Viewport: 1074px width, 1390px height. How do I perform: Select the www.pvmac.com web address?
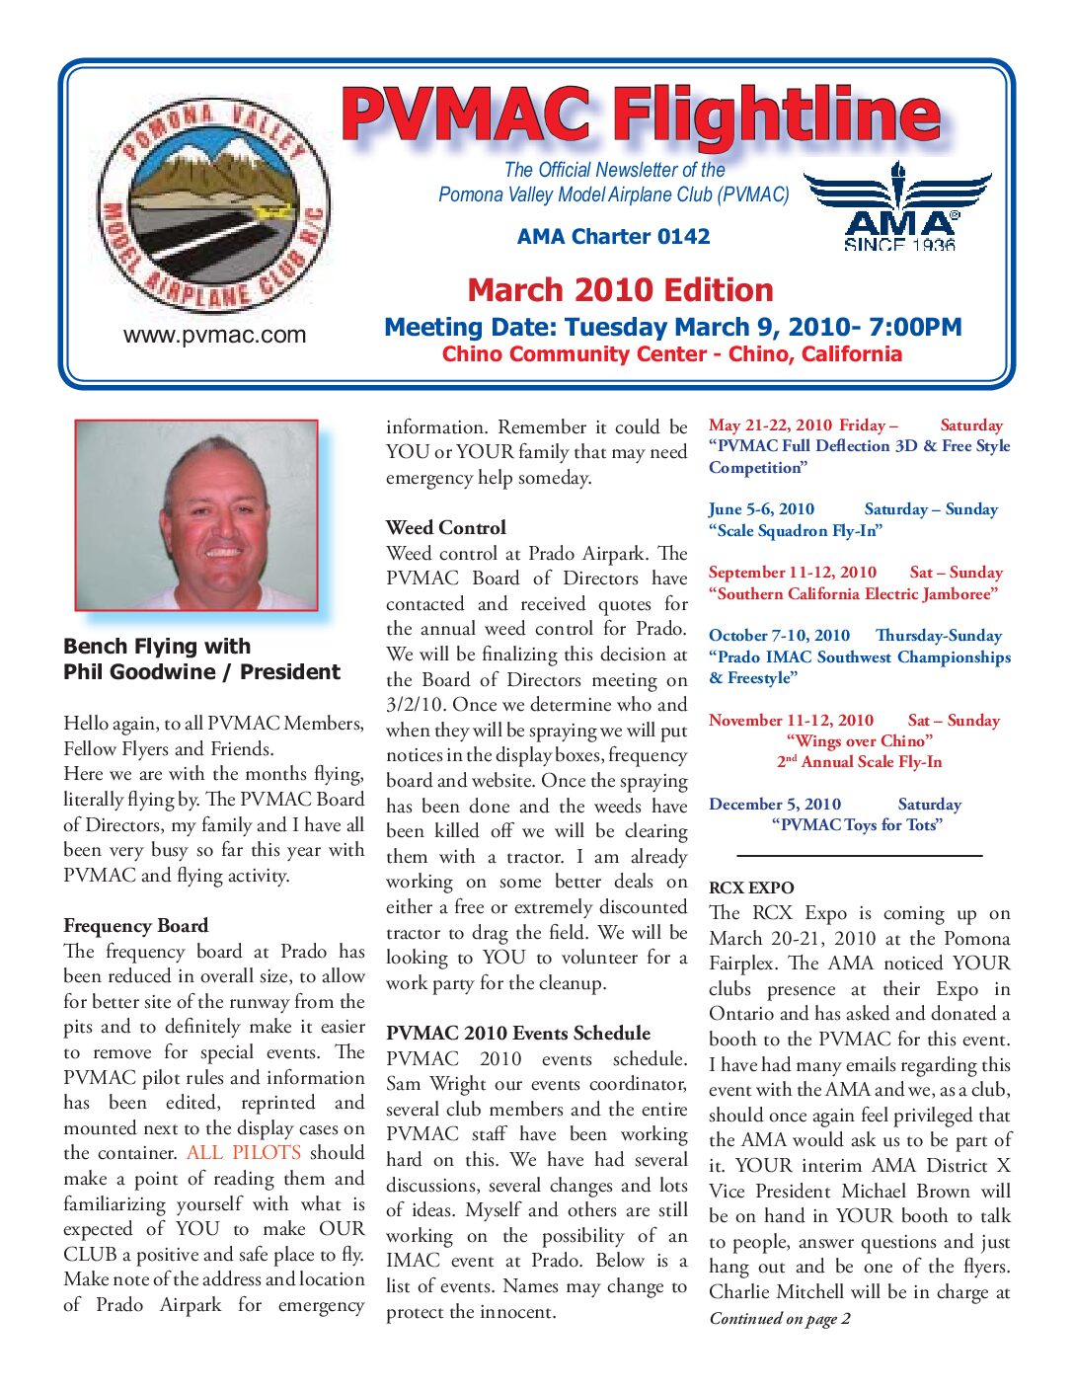click(x=214, y=336)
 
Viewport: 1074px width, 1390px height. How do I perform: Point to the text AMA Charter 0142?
click(x=613, y=237)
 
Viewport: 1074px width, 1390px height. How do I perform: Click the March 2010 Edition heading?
click(x=620, y=290)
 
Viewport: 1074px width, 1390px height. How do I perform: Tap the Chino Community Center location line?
click(x=671, y=354)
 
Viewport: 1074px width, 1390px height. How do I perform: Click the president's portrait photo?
click(x=196, y=514)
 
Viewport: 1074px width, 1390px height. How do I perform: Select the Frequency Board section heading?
click(x=135, y=926)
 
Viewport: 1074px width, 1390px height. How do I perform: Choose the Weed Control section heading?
click(x=445, y=528)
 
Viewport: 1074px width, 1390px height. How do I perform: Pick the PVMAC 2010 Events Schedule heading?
click(x=518, y=1034)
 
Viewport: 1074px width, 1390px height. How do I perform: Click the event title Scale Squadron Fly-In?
click(x=795, y=531)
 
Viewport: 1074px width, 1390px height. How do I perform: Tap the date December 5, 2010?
click(x=775, y=805)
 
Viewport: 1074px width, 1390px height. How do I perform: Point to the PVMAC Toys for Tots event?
click(x=856, y=825)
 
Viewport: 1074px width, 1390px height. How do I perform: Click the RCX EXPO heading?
click(x=751, y=888)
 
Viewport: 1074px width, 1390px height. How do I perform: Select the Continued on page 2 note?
click(x=780, y=1319)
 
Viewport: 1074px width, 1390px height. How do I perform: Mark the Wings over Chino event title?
click(x=859, y=741)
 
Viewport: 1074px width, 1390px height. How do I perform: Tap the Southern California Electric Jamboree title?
click(x=853, y=594)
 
